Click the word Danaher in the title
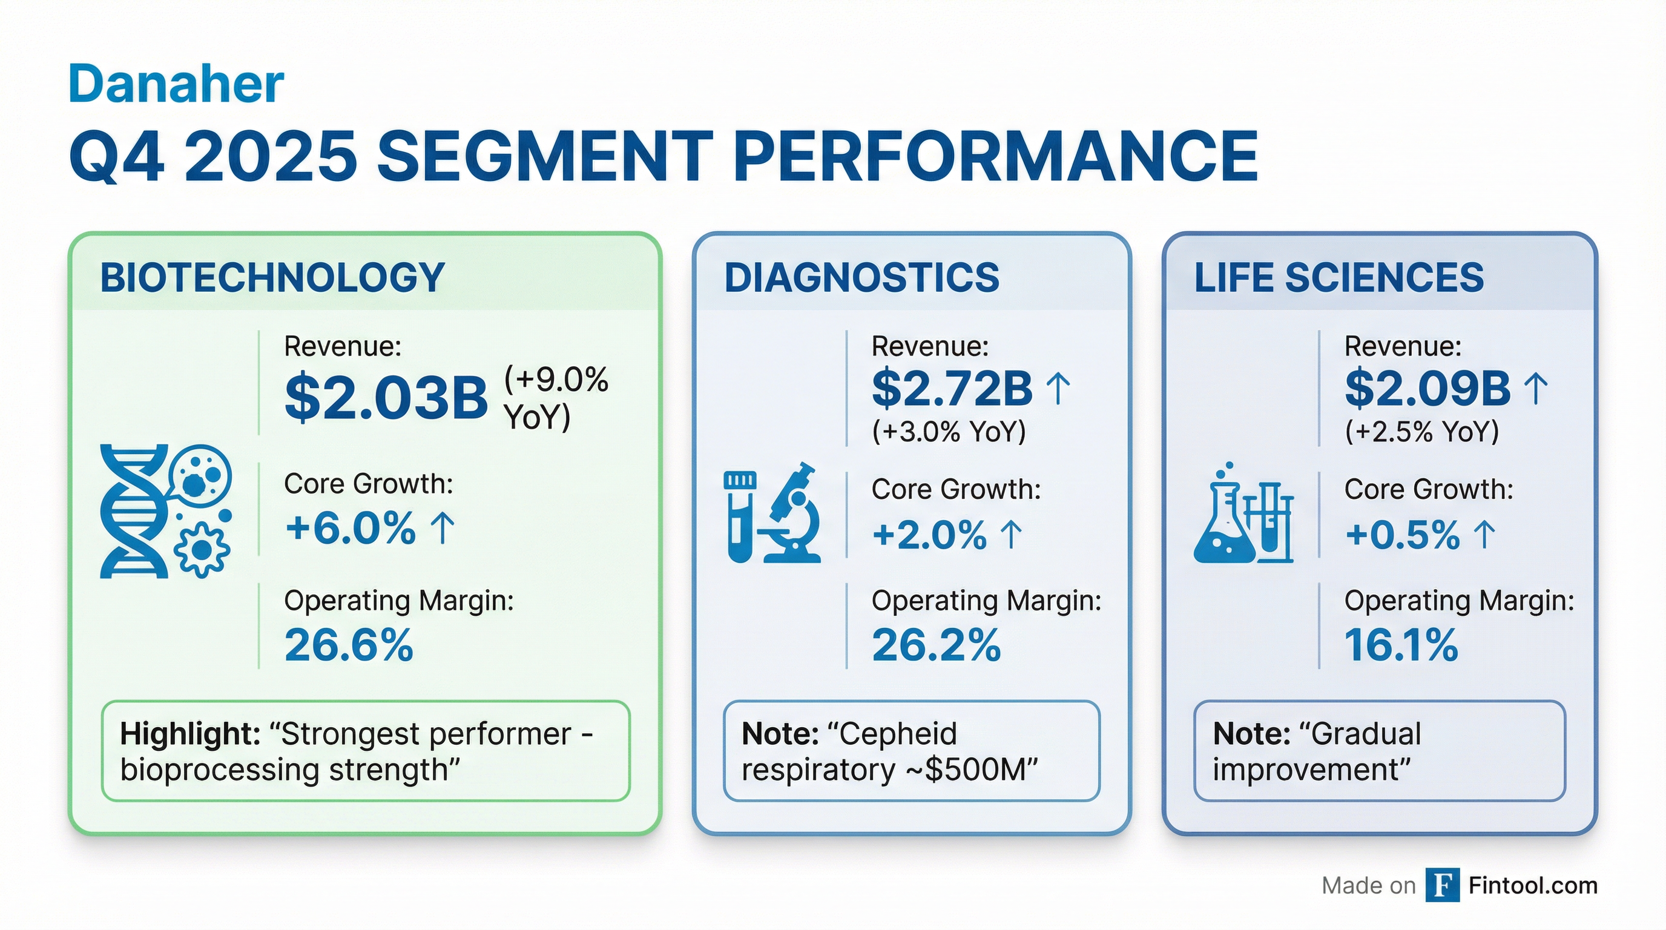coord(176,84)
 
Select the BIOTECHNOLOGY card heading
coord(272,278)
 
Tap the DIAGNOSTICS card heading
coord(861,278)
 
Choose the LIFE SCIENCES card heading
coord(1338,278)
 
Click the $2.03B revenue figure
coord(386,398)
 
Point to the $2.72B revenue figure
coord(952,389)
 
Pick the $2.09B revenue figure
coord(1427,389)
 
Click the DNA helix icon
coord(133,511)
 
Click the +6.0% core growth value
coord(350,529)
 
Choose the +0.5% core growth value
coord(1402,535)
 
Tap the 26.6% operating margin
coord(349,645)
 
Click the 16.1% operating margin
coord(1401,645)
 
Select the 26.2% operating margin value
coord(936,645)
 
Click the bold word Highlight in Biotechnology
coord(190,734)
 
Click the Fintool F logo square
coord(1442,885)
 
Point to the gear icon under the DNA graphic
coord(202,550)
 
